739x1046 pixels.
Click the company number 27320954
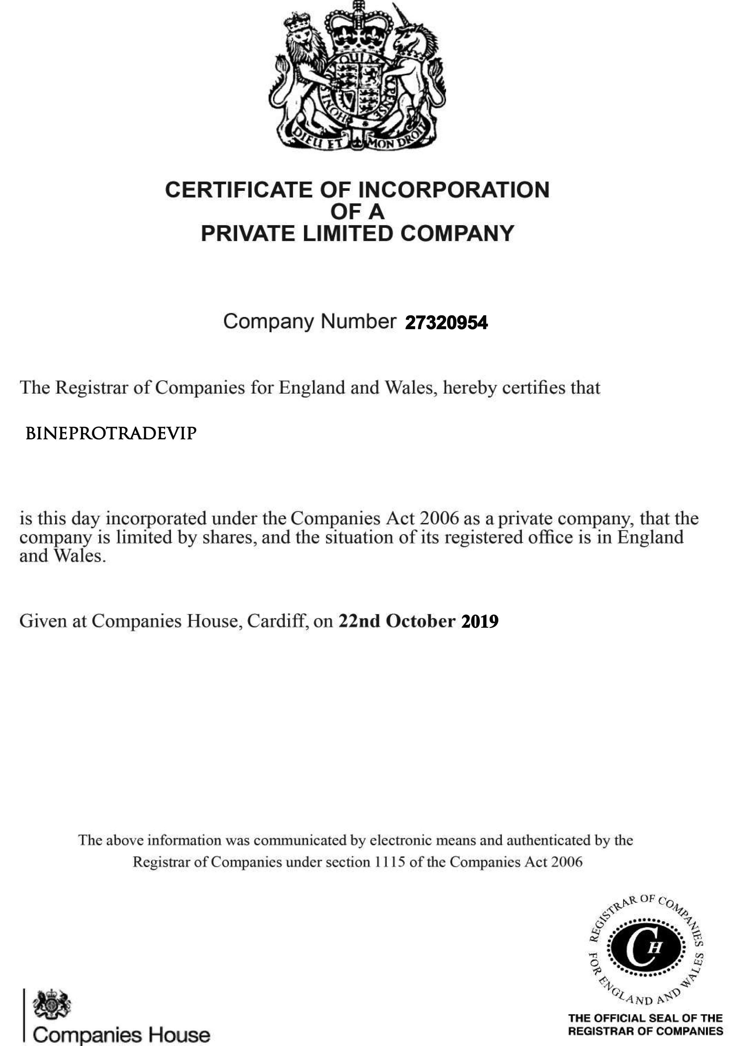pos(446,323)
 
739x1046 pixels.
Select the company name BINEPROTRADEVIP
pos(111,433)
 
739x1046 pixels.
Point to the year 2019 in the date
pos(480,621)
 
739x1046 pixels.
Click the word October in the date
pos(420,621)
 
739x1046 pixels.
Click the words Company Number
pos(310,322)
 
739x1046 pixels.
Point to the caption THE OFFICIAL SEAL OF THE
pos(645,1018)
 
